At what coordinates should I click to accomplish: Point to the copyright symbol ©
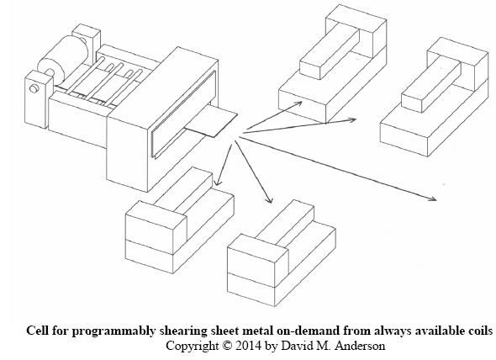(x=227, y=346)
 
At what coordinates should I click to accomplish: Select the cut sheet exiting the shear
(x=211, y=122)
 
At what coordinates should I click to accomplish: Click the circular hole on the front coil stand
(x=34, y=88)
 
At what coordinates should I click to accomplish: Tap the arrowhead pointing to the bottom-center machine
(x=269, y=199)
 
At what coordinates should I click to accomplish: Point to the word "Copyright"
(x=193, y=346)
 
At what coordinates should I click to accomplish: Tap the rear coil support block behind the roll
(x=87, y=40)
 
